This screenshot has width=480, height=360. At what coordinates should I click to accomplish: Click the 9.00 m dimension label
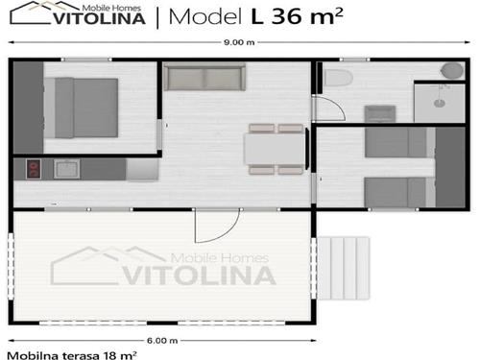239,42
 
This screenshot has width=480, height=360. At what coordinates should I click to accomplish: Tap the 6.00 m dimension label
162,341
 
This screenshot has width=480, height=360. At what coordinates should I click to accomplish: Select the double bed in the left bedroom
81,108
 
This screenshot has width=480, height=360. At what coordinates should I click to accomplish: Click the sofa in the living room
204,77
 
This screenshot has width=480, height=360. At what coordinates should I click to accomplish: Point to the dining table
275,149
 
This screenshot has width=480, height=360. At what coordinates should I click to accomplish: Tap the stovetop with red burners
34,169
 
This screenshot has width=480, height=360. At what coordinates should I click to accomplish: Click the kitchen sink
66,169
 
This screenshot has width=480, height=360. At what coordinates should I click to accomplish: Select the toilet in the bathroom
339,78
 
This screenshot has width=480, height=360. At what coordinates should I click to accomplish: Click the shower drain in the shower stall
440,103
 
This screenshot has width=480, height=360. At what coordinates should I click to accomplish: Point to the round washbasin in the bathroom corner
452,70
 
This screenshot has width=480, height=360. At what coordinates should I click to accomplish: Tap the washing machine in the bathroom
380,113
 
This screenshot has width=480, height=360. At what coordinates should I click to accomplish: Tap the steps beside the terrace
344,268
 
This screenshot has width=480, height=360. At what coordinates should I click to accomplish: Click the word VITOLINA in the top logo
99,18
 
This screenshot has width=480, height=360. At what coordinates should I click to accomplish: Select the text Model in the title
205,16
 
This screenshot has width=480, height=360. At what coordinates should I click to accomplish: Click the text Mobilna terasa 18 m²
72,355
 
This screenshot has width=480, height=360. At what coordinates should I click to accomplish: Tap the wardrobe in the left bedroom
28,108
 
